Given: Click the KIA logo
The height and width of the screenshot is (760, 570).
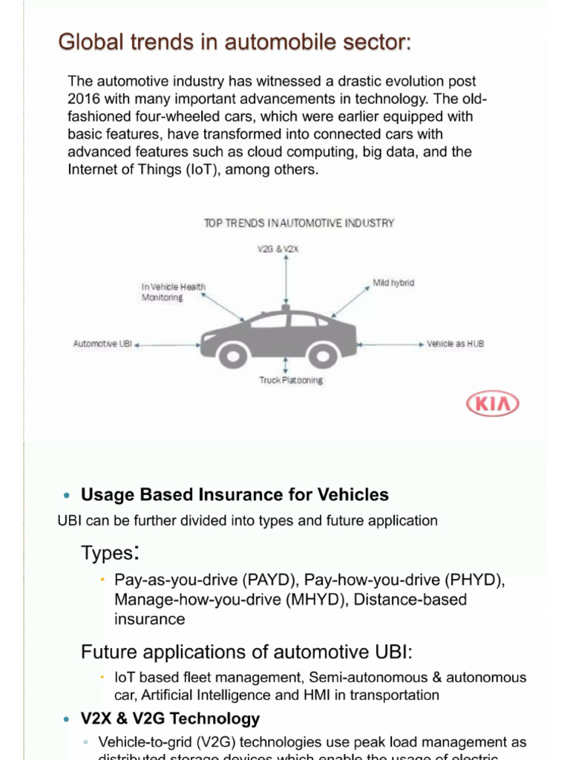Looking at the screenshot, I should point(492,404).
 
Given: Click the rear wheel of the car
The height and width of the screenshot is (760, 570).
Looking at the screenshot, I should point(323,356).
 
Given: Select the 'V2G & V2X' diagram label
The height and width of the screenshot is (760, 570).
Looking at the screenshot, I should point(278,249).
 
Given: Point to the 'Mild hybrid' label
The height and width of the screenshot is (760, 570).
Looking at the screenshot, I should point(393,283).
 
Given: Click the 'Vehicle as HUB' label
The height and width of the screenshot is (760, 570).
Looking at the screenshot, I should point(456,344).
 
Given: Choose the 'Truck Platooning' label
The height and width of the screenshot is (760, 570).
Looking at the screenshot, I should point(291,380).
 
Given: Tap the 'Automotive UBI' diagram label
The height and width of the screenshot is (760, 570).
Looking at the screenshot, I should point(102,344).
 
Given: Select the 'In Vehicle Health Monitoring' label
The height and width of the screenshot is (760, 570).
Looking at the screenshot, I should point(174,292).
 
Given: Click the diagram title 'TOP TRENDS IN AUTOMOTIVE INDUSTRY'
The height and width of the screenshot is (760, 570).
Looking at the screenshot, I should point(299,223).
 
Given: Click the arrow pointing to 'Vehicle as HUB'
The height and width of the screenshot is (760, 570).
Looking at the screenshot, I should point(390,344).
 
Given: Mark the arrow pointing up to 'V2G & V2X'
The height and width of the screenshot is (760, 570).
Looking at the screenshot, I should point(285,278).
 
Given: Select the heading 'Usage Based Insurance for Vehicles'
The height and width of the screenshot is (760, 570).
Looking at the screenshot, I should point(235,494).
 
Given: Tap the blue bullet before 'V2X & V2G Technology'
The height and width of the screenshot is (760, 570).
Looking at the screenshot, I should point(66,719).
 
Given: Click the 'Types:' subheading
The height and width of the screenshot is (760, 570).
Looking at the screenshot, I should point(110,553).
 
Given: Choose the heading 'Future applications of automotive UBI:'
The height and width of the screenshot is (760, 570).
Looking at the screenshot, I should point(246,652).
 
